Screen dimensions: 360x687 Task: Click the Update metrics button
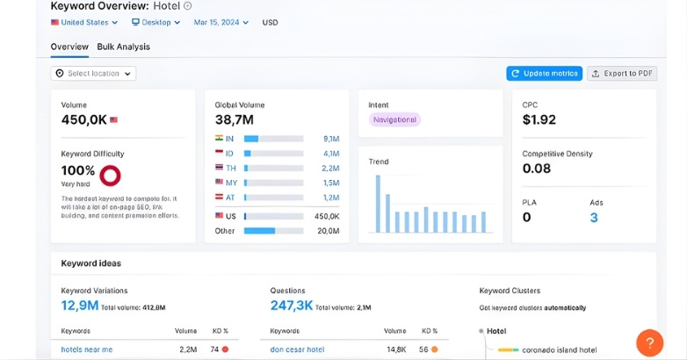(544, 74)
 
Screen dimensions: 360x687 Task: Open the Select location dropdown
(93, 74)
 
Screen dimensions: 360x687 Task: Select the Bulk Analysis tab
(123, 47)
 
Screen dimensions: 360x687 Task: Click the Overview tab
(69, 47)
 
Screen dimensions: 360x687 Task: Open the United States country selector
(84, 22)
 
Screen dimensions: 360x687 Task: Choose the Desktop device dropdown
(156, 22)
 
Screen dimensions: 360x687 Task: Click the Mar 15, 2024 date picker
(221, 22)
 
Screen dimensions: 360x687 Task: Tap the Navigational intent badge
(394, 119)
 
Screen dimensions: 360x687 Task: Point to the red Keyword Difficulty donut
(111, 176)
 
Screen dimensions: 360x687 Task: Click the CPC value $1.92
(539, 120)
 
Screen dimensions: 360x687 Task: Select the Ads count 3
(594, 217)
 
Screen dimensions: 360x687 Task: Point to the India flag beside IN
(219, 139)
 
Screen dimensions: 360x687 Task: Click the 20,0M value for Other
(328, 231)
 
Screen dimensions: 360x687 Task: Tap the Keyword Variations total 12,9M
(79, 306)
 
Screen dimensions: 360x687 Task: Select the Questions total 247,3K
(292, 306)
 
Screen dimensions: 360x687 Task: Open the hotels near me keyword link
(87, 349)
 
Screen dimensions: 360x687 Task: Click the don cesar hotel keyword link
(297, 349)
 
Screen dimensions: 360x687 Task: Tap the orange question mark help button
(649, 342)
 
